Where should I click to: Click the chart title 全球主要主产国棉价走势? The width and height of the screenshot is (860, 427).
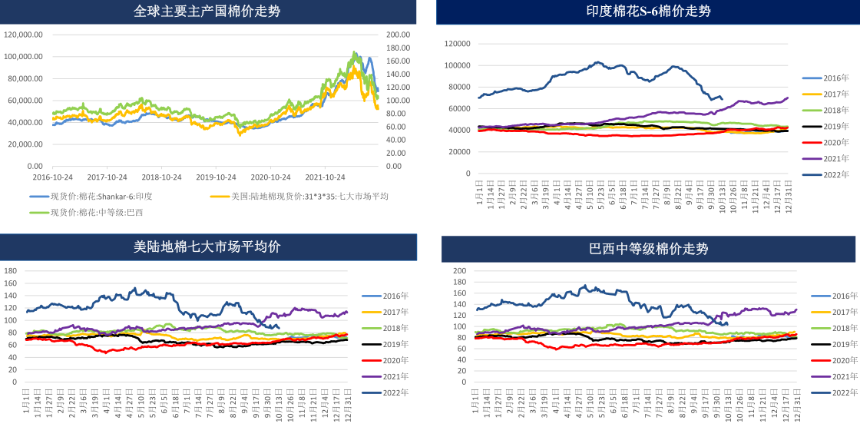click(207, 12)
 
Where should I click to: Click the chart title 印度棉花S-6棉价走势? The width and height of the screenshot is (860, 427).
click(648, 12)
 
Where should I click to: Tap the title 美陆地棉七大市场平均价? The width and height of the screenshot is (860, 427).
click(207, 247)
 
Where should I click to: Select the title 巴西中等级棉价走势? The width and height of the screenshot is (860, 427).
click(648, 249)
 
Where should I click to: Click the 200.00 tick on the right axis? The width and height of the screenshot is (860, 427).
click(399, 35)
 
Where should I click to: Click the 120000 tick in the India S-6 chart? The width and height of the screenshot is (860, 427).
click(457, 44)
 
